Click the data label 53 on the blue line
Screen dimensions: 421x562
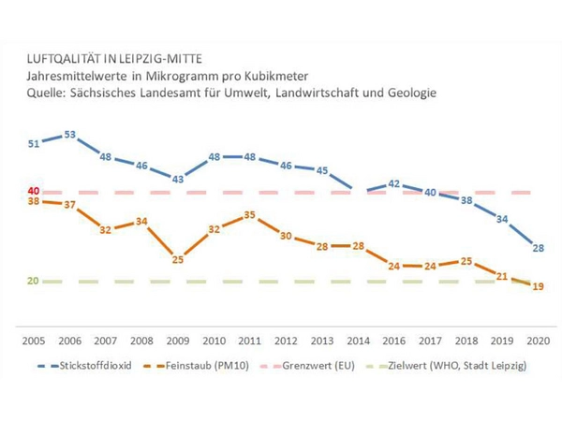(69, 136)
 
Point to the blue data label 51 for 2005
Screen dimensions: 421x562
(34, 143)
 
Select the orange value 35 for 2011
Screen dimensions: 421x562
(249, 215)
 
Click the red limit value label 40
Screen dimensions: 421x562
(34, 191)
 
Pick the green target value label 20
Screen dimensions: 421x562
(34, 281)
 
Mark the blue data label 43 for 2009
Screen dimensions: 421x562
(177, 178)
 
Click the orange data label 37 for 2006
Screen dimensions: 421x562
(69, 206)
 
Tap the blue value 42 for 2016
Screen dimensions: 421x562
(394, 184)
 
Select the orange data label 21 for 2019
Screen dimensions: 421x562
(501, 277)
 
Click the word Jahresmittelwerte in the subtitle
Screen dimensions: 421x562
(82, 77)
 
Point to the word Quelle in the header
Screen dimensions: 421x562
(47, 94)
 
